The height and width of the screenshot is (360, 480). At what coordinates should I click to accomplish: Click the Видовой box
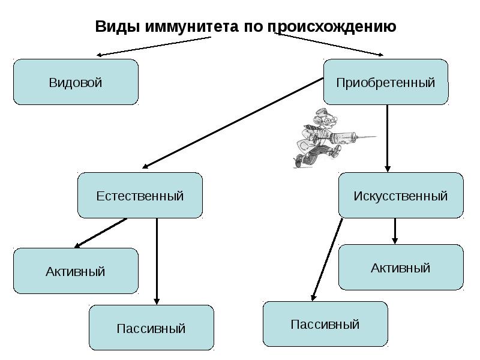76,82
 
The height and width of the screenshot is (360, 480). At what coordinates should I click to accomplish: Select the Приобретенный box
386,82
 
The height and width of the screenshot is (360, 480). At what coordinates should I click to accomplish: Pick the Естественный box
140,196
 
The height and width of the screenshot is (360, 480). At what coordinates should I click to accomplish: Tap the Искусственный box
401,196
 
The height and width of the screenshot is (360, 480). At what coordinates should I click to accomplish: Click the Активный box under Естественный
76,271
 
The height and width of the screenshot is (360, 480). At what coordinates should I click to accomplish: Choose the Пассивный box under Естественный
151,328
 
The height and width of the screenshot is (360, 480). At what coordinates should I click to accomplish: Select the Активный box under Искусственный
401,268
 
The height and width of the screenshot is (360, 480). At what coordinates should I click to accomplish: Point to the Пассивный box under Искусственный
325,324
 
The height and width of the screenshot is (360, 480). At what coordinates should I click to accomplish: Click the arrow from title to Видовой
155,46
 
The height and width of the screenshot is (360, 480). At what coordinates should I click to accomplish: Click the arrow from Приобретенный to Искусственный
388,138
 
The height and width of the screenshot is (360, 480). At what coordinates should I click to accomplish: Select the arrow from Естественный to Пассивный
157,261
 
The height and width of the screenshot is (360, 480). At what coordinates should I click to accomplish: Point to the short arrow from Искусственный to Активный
395,230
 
